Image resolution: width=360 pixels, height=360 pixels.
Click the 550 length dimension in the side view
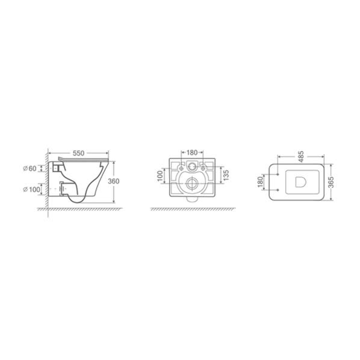tap(78, 153)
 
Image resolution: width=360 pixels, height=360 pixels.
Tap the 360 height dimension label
tap(114, 181)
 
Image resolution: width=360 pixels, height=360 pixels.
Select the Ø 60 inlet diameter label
tap(30, 169)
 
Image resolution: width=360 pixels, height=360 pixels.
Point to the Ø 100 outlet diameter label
tap(32, 190)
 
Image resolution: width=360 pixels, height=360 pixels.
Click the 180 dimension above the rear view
tap(192, 152)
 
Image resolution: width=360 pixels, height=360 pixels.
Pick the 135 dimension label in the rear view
tap(226, 175)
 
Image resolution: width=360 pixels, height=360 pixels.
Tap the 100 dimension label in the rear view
tap(160, 176)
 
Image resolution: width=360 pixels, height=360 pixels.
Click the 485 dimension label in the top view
tap(301, 157)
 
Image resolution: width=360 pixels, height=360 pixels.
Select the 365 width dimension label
tap(331, 182)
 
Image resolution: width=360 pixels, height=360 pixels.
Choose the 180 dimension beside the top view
tap(260, 182)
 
